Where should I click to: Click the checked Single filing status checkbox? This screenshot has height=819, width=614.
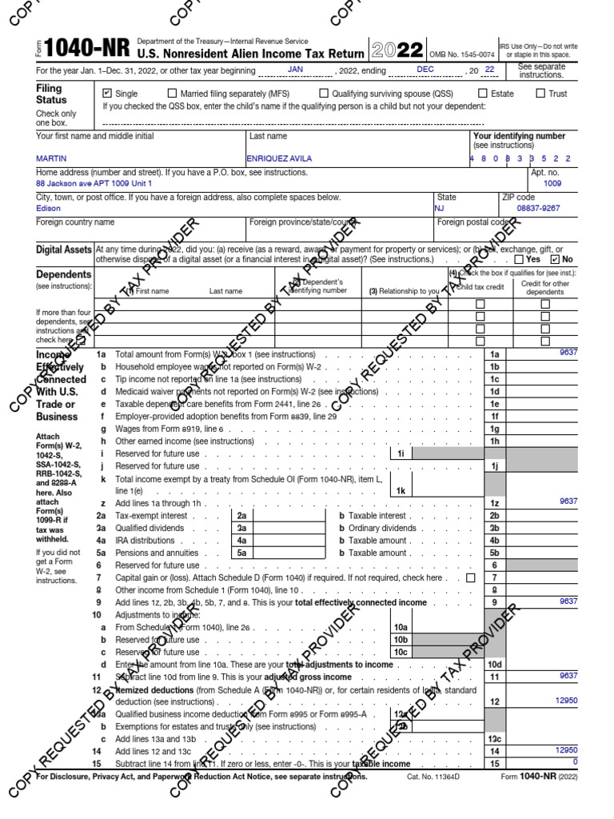coord(108,94)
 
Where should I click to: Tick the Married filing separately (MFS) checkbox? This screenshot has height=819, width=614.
coord(173,94)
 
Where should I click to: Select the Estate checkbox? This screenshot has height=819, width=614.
coord(482,94)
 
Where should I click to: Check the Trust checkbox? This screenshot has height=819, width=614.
coord(540,94)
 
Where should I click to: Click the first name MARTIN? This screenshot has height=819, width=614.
coord(50,158)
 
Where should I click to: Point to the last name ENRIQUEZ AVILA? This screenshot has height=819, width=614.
coord(280,158)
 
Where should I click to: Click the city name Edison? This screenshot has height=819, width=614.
coord(48,208)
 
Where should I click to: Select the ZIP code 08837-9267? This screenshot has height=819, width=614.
coord(539,208)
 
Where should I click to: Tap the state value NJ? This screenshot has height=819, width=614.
coord(439,208)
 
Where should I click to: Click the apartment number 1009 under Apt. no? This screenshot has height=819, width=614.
coord(552,183)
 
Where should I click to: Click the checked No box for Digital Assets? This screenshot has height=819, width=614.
coord(556,259)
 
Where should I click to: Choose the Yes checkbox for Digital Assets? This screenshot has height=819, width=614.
coord(520,259)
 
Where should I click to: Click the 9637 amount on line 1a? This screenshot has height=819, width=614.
coord(568,352)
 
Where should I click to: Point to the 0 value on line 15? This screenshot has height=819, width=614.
coord(574,761)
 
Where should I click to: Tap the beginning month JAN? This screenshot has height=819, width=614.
coord(295,70)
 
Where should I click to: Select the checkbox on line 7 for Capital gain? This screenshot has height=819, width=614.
coord(470,577)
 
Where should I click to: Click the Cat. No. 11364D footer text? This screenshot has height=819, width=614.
coord(433,777)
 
